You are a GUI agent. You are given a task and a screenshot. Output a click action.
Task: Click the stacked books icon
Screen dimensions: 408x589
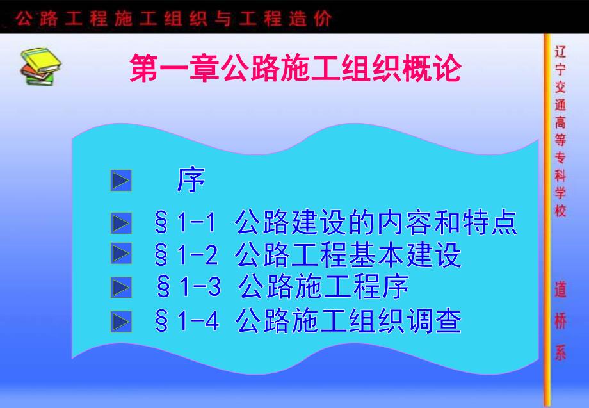click(40, 65)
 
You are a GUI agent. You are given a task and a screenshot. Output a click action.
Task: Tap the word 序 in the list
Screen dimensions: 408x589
click(191, 181)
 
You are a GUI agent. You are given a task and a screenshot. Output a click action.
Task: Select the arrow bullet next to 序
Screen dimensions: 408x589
click(121, 181)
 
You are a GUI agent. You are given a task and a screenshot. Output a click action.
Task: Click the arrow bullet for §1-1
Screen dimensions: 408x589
click(121, 224)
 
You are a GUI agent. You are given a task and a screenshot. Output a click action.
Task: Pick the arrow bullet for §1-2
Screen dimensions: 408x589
click(121, 254)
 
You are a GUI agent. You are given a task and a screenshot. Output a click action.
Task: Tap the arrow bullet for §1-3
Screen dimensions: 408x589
click(121, 287)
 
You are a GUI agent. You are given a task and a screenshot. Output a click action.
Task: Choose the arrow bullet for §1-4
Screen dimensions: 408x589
click(121, 320)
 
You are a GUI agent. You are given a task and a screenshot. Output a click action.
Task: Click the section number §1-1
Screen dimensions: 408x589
click(186, 224)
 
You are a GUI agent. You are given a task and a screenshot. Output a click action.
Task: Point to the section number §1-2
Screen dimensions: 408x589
click(186, 256)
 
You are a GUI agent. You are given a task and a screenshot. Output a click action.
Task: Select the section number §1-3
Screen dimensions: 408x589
click(188, 288)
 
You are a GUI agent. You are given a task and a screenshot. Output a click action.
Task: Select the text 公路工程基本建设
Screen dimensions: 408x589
click(348, 256)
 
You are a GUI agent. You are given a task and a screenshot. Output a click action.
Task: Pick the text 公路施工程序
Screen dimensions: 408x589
click(323, 288)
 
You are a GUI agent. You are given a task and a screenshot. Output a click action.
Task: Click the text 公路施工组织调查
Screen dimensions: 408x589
click(348, 320)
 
